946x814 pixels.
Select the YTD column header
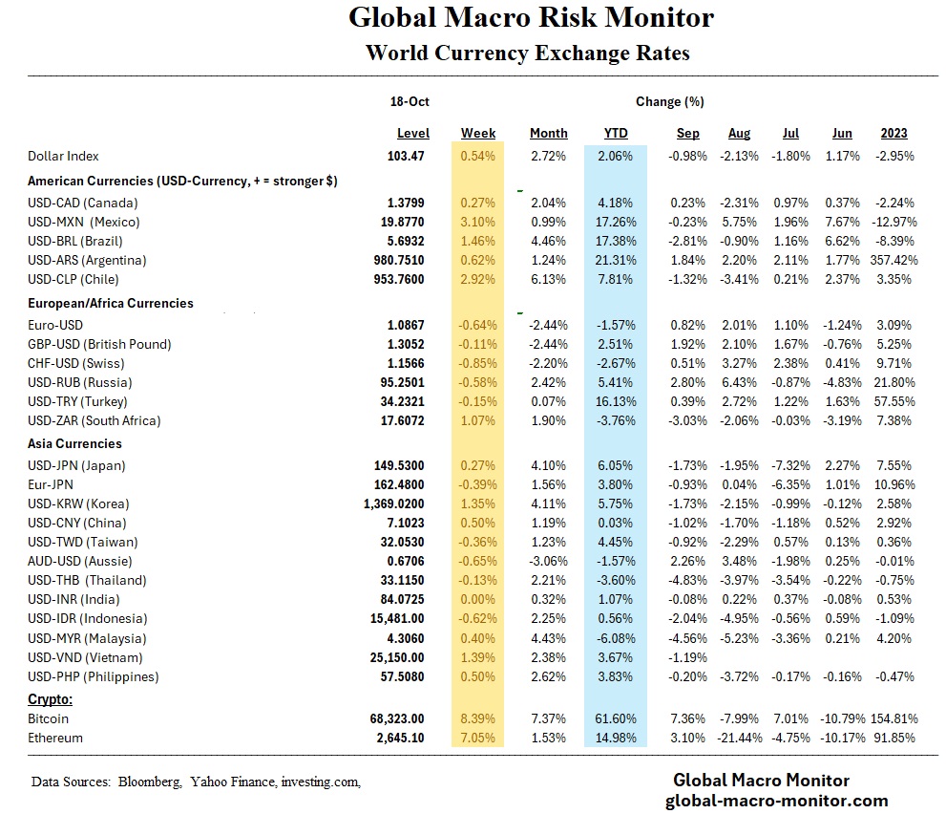[615, 134]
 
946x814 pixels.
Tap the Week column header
[478, 134]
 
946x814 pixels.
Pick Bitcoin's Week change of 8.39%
[478, 718]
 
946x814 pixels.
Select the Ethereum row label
[55, 738]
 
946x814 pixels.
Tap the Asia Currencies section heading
[74, 444]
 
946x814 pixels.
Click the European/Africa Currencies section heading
[111, 303]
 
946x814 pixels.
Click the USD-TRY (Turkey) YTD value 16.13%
[615, 401]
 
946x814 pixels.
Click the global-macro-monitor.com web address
[776, 801]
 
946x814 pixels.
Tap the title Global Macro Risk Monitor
[531, 18]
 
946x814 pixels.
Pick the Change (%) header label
[669, 101]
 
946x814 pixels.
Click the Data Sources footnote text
[196, 782]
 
